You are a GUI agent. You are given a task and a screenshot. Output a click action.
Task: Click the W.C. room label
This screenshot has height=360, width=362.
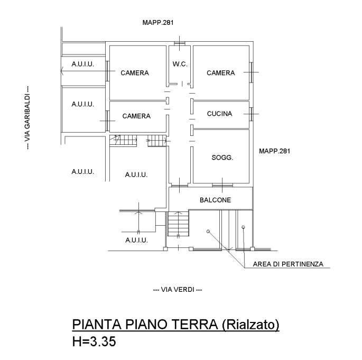coord(180,64)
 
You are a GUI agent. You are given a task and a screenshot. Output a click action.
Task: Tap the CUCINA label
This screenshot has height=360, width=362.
coord(219,114)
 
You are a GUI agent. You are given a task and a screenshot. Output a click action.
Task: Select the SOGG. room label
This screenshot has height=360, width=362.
coord(222,158)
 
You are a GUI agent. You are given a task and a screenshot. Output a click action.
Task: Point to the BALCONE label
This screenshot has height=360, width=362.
coord(215,200)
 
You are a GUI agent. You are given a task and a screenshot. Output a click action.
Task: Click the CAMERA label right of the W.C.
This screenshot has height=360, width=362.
coord(220,73)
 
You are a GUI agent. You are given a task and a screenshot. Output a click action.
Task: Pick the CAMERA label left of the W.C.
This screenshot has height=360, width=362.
coord(134,73)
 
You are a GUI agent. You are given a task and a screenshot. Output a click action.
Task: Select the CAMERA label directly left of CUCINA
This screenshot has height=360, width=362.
coord(136,116)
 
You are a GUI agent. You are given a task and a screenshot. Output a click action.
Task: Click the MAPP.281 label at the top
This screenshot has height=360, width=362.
coord(158,23)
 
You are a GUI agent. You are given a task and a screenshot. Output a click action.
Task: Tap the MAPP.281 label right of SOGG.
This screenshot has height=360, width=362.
coord(275,151)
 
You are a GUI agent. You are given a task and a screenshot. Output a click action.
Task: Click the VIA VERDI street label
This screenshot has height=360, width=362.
coord(177,290)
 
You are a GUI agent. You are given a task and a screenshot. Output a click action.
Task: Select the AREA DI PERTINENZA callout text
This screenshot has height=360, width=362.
coord(288,264)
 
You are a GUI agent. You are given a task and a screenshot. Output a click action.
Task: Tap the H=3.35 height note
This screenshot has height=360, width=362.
coord(94,342)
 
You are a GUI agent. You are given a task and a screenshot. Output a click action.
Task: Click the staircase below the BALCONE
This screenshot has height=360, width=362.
coord(178,224)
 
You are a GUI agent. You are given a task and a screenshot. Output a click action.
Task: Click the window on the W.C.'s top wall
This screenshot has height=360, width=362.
coord(180,43)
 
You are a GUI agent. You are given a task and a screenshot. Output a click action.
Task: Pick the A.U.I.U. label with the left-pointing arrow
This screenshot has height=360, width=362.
coord(83,64)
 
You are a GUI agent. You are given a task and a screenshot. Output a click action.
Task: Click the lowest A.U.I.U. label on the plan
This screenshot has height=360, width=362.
coord(136,241)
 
